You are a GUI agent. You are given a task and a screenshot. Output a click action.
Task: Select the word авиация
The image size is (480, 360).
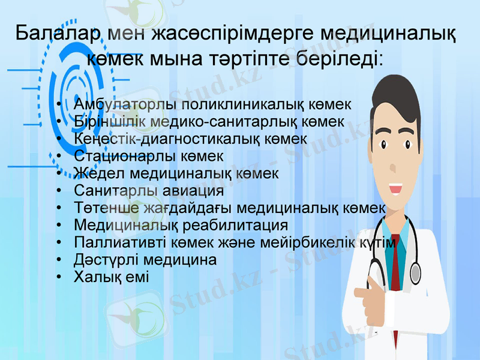[195, 191]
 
